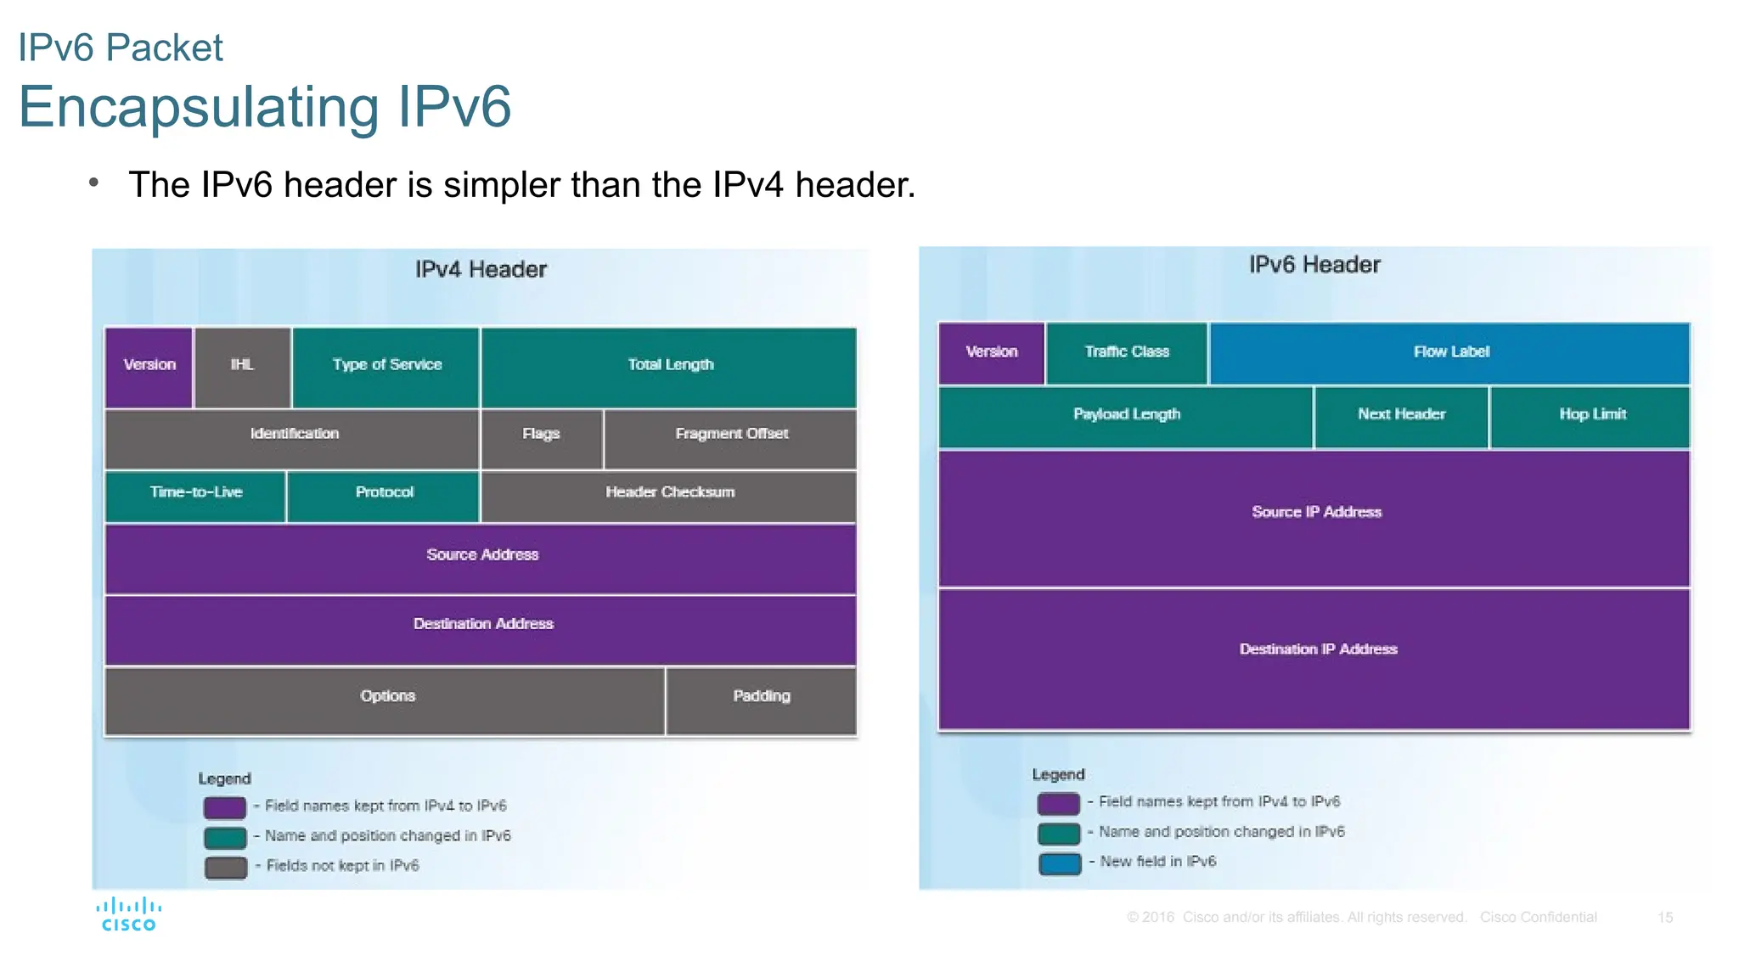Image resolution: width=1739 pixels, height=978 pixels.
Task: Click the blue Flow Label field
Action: point(1450,353)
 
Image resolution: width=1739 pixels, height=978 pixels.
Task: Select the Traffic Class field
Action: point(1127,353)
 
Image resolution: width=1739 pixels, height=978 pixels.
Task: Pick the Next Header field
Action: point(1401,416)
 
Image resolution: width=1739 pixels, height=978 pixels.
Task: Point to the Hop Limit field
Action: point(1591,416)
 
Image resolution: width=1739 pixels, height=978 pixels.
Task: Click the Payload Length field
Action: point(1126,416)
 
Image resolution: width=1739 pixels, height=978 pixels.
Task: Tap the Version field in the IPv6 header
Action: point(991,353)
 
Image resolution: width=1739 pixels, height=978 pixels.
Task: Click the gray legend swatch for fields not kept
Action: point(225,867)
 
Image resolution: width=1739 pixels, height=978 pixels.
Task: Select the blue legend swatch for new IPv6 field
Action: point(1059,863)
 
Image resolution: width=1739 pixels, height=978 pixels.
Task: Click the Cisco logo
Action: point(129,914)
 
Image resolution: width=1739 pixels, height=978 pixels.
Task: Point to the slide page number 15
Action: point(1664,918)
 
